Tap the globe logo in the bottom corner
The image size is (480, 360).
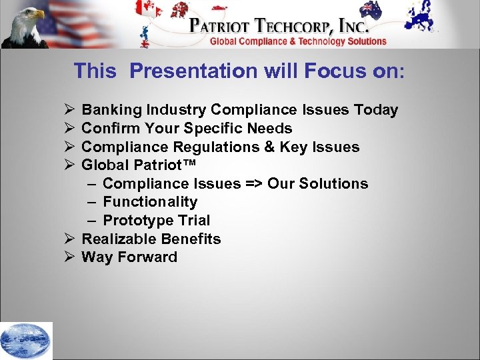click(26, 341)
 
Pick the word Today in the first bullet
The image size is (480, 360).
click(376, 110)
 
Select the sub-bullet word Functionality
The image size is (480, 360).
click(150, 202)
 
